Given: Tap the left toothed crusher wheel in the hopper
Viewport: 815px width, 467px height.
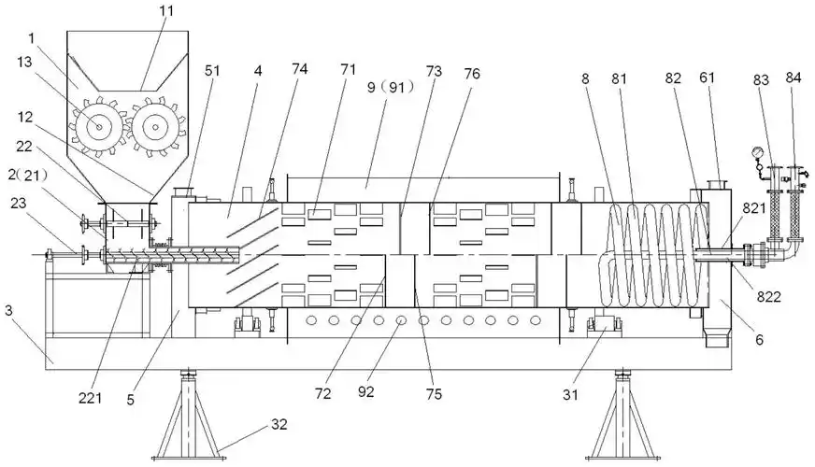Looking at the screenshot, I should click(x=98, y=127).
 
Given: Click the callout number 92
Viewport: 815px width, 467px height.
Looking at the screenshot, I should click(x=366, y=391).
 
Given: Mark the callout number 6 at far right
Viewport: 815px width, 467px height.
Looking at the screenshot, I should click(x=759, y=340).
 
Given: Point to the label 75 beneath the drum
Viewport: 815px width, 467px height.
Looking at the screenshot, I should click(x=434, y=393).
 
